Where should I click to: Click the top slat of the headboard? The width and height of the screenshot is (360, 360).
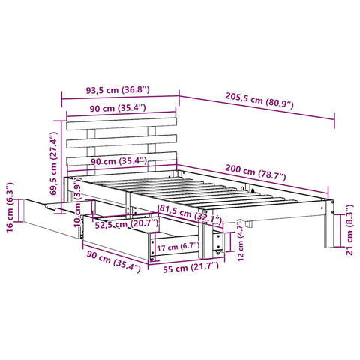coord(122,124)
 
